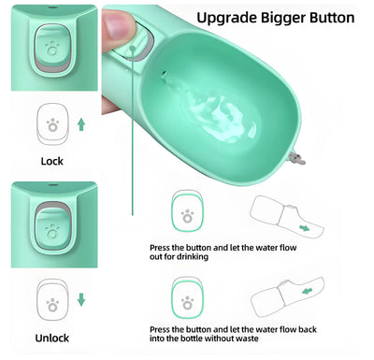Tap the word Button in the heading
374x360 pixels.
[x=326, y=17]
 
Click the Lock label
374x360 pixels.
[x=52, y=161]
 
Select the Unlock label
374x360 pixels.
[x=52, y=337]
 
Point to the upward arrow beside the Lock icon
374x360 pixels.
[x=81, y=123]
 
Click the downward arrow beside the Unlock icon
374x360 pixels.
[x=81, y=299]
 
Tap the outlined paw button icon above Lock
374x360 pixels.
[x=52, y=123]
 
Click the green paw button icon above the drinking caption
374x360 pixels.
[x=189, y=215]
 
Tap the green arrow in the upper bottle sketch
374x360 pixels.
[x=305, y=226]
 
